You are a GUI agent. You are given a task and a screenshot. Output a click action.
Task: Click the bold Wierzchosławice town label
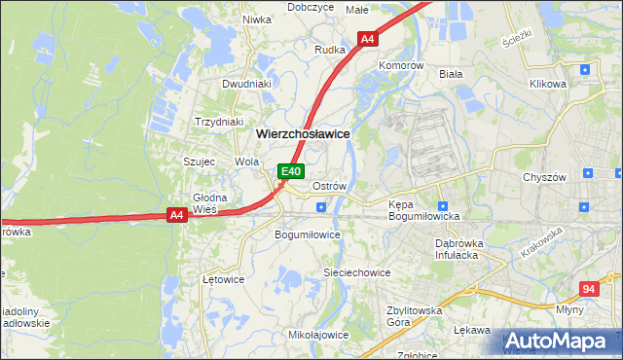click(x=303, y=133)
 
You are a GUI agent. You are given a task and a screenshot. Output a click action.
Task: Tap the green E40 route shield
click(x=290, y=171)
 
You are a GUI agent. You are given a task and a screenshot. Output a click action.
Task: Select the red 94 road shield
click(x=587, y=289)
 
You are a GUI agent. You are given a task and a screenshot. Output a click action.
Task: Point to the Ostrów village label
click(x=329, y=185)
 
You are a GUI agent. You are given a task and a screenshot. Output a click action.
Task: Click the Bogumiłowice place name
click(x=308, y=234)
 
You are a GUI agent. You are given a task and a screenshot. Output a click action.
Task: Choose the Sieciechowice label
click(x=357, y=273)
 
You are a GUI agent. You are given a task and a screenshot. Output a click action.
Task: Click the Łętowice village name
click(x=223, y=278)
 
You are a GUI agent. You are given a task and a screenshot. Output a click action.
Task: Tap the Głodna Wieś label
click(x=209, y=203)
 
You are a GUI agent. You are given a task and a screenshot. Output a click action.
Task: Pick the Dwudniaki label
click(x=246, y=84)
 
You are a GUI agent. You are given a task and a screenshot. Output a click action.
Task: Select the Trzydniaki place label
click(x=218, y=122)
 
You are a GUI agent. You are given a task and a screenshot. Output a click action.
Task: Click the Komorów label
click(x=402, y=65)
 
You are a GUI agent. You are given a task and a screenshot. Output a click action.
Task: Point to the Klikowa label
click(x=547, y=84)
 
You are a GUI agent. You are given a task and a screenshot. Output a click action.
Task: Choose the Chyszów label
click(x=544, y=177)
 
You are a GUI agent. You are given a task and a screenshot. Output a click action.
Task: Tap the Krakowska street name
click(x=541, y=242)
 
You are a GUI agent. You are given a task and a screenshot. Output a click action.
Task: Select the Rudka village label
click(x=331, y=49)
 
